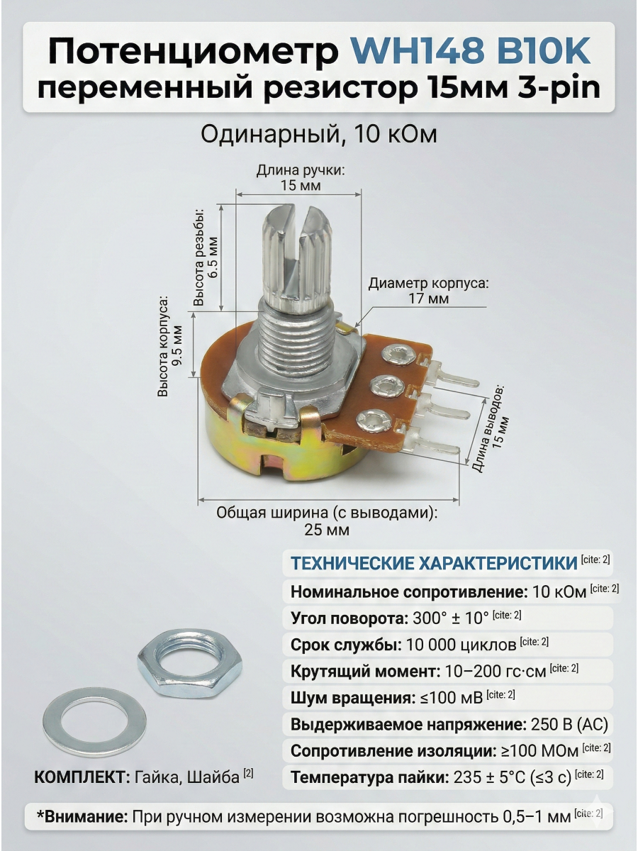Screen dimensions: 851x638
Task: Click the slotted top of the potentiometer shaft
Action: (x=292, y=220)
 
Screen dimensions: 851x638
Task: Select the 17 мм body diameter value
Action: (x=428, y=299)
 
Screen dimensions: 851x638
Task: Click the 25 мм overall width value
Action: (x=327, y=530)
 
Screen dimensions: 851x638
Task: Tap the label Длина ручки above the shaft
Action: (x=300, y=171)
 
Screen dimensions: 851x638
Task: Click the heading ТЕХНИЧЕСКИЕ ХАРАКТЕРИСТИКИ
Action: (x=434, y=564)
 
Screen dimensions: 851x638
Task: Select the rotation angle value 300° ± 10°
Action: (x=450, y=618)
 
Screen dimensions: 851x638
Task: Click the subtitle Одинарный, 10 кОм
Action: (x=318, y=135)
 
